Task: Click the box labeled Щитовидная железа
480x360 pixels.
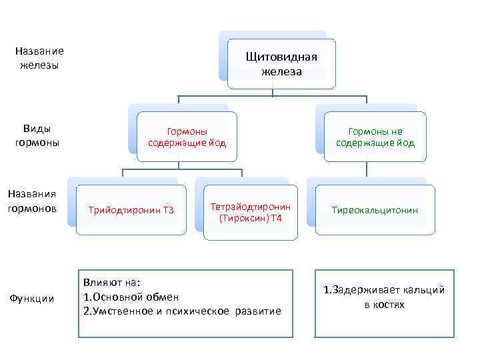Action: click(x=281, y=64)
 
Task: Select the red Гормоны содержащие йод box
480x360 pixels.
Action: click(x=187, y=137)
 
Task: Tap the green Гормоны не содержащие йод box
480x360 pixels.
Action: click(x=375, y=137)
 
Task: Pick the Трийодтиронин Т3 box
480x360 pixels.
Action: click(x=131, y=211)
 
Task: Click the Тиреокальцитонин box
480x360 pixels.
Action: click(x=375, y=210)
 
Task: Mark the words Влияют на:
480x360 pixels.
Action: click(x=112, y=283)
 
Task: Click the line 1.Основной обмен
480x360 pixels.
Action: click(x=131, y=297)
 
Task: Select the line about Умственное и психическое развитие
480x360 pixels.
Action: click(x=181, y=311)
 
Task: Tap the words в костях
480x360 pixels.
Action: click(x=384, y=305)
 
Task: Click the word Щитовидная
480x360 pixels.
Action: click(x=281, y=57)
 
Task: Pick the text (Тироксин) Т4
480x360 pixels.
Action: click(x=250, y=219)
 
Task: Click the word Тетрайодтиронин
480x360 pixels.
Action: click(x=250, y=207)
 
